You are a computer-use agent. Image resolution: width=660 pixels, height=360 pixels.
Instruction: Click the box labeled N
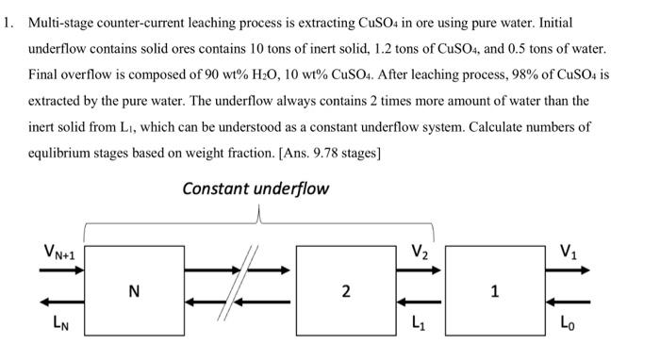point(134,291)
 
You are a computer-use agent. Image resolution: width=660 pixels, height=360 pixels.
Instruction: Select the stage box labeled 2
point(345,291)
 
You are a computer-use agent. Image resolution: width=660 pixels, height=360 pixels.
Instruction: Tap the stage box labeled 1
point(495,291)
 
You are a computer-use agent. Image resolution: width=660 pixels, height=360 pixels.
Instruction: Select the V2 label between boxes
point(420,252)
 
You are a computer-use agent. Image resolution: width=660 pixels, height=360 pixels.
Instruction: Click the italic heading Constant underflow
point(256,188)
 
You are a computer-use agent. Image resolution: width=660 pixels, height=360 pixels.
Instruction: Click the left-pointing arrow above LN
point(60,303)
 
